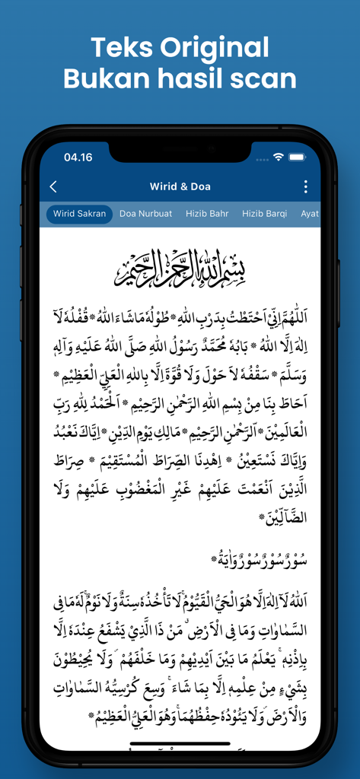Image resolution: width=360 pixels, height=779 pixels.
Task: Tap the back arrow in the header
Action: (53, 186)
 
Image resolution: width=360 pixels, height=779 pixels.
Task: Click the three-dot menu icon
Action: (306, 186)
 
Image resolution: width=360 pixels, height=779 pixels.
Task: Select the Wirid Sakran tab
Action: (80, 214)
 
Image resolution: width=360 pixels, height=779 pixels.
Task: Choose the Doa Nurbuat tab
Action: (145, 214)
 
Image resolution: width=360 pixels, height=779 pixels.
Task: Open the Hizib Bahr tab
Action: (207, 214)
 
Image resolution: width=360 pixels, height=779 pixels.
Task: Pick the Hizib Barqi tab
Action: (265, 214)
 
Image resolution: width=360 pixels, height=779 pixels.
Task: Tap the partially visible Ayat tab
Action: (310, 214)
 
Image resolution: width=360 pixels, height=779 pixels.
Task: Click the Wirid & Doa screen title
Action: (180, 186)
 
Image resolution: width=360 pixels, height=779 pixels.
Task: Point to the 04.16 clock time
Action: (78, 157)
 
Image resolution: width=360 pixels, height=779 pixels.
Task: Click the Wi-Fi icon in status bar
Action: (279, 157)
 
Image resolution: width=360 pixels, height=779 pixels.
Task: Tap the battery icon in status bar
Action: (296, 157)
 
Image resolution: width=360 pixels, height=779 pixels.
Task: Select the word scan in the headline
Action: (261, 78)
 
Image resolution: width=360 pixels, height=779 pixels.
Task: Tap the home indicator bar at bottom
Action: (180, 743)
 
